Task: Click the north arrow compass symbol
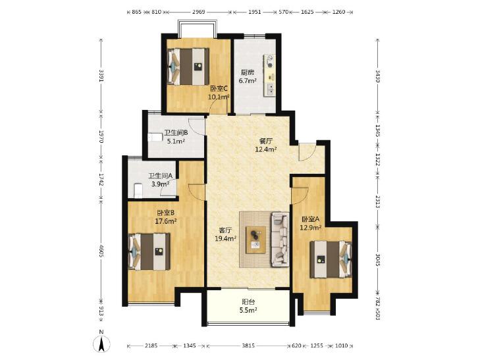[x=102, y=344]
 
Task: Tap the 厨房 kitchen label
[x=248, y=73]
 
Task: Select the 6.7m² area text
[x=248, y=81]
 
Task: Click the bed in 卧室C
[x=188, y=66]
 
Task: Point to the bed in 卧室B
[x=149, y=251]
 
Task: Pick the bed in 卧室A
[x=331, y=259]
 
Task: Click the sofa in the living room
[x=280, y=239]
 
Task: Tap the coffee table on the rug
[x=256, y=240]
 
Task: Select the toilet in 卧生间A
[x=138, y=190]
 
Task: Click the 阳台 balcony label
[x=248, y=302]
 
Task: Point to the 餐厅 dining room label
[x=266, y=141]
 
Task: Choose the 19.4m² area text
[x=225, y=238]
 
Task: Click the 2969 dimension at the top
[x=198, y=12]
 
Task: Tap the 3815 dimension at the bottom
[x=248, y=346]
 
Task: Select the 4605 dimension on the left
[x=101, y=251]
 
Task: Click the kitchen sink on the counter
[x=271, y=89]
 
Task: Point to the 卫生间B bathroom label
[x=176, y=133]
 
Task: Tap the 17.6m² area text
[x=166, y=221]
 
